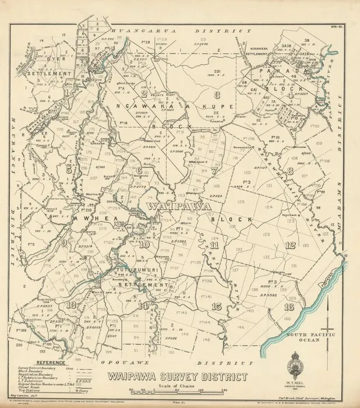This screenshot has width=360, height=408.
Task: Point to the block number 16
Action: click(x=288, y=307)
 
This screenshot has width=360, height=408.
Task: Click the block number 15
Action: click(x=217, y=307)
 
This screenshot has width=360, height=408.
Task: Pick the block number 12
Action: click(x=290, y=245)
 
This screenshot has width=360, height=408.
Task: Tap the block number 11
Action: click(x=214, y=245)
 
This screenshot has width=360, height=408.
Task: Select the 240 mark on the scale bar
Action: click(x=223, y=394)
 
